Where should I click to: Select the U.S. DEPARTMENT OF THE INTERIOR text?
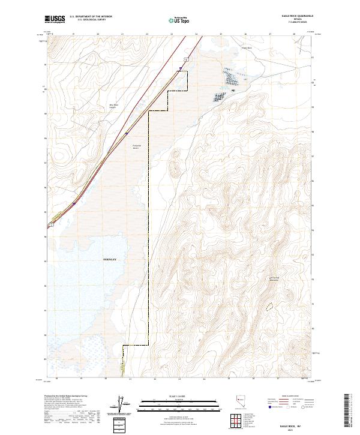[x=91, y=17]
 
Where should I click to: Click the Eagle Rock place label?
[x=245, y=49]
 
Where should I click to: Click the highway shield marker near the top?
[x=186, y=59]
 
